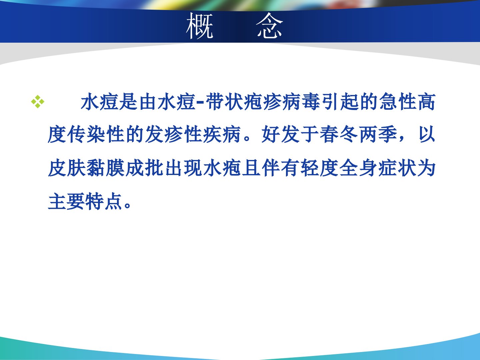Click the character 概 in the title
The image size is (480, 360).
tap(200, 26)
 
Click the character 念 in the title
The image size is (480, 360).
tap(269, 26)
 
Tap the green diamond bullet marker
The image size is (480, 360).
tap(38, 102)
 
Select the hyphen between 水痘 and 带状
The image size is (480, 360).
tap(200, 102)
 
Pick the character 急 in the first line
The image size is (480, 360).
tap(388, 102)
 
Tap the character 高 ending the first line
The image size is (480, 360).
tap(427, 102)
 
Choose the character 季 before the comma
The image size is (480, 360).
tap(387, 134)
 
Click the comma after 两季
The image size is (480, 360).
tap(401, 139)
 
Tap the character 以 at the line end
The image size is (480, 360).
tap(427, 134)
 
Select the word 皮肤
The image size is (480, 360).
tap(67, 168)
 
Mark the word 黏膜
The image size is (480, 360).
tap(106, 168)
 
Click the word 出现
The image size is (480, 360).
tap(183, 168)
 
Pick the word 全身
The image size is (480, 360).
tap(358, 168)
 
